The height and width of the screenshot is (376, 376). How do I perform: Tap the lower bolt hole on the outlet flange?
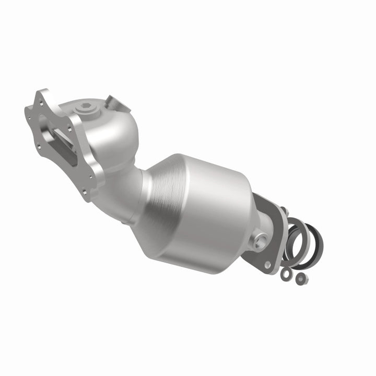[x=267, y=265]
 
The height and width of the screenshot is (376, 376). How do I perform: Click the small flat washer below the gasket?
[x=286, y=272]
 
